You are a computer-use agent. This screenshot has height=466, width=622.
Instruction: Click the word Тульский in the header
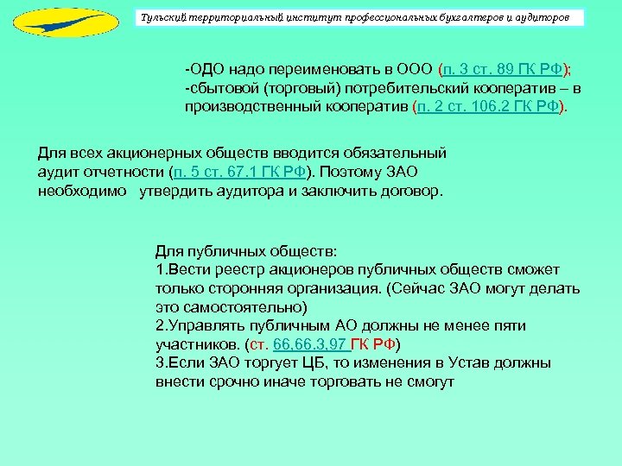pos(163,18)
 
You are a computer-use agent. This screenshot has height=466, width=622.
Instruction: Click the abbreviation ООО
pos(416,70)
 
